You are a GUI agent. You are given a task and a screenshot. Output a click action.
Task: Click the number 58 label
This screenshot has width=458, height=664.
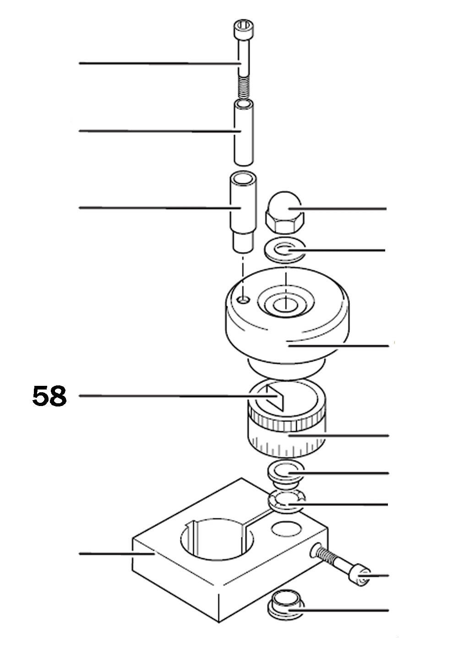pos(49,396)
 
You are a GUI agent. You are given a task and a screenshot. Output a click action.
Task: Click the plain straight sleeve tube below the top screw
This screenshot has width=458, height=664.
pos(243,133)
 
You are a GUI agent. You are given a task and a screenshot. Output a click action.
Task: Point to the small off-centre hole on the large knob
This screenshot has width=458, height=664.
pos(245,300)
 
